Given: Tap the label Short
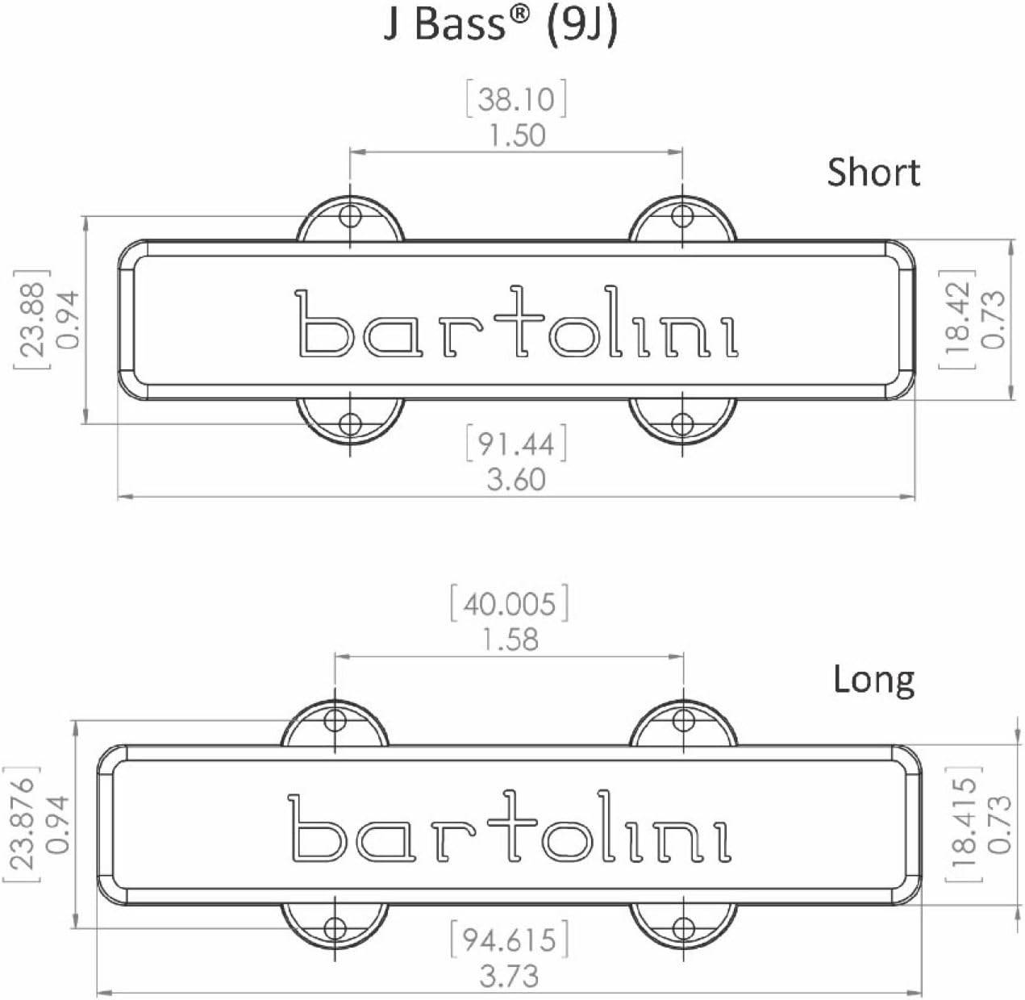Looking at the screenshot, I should pyautogui.click(x=873, y=173).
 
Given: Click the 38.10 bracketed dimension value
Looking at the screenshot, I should pyautogui.click(x=516, y=99).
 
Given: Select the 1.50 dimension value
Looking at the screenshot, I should pyautogui.click(x=516, y=135).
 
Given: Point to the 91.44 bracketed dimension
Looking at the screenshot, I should pyautogui.click(x=516, y=444).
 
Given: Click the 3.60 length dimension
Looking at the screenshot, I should pyautogui.click(x=516, y=480).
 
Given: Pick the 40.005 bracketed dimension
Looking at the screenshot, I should pyautogui.click(x=509, y=604).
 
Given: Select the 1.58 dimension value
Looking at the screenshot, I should pyautogui.click(x=510, y=640).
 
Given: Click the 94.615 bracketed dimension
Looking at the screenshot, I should pyautogui.click(x=509, y=940).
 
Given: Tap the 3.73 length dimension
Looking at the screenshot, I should pyautogui.click(x=509, y=977).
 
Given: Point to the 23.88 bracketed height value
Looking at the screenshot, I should pyautogui.click(x=32, y=319).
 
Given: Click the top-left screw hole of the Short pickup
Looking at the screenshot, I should pyautogui.click(x=350, y=216).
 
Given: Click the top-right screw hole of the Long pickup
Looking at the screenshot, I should pyautogui.click(x=683, y=719).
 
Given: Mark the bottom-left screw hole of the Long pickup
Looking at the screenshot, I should pyautogui.click(x=335, y=927).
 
